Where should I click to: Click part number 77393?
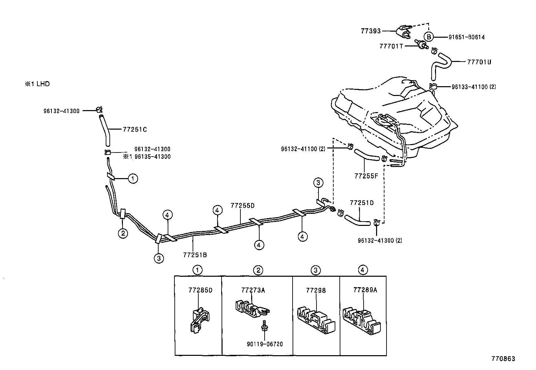tap(370, 31)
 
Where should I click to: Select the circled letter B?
tap(429, 37)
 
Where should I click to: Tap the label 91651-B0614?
tap(466, 37)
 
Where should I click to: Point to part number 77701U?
tap(479, 62)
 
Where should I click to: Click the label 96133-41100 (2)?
tap(473, 87)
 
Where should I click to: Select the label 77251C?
tap(135, 130)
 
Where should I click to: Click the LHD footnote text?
tap(37, 84)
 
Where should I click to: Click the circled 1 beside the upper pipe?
tap(133, 179)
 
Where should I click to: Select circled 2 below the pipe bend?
tap(123, 233)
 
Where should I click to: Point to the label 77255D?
tap(242, 205)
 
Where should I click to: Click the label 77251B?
tap(195, 255)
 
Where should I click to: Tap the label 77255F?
tap(366, 176)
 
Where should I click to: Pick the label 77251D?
tap(362, 203)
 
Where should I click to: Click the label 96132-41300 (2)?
tap(380, 240)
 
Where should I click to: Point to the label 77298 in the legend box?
tap(316, 290)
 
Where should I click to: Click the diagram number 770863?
tap(503, 359)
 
